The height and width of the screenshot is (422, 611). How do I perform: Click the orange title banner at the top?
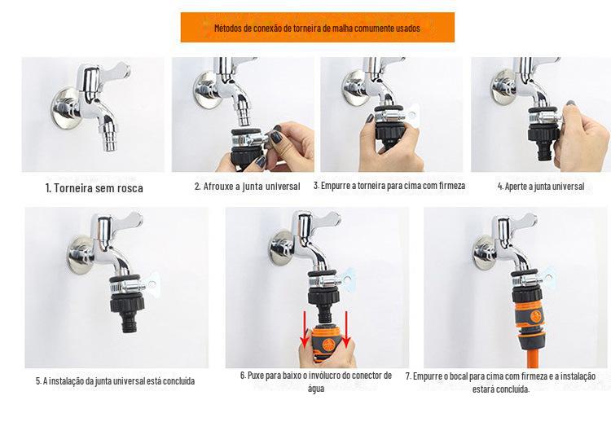tap(317, 27)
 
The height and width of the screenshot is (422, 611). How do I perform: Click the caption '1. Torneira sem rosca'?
tap(95, 188)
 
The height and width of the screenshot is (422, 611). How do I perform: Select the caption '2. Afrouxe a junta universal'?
tap(248, 187)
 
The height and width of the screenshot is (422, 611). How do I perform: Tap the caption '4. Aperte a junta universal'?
tap(541, 187)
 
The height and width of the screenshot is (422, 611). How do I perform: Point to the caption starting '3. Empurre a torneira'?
tap(389, 186)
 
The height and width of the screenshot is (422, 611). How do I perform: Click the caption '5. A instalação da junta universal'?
tap(116, 380)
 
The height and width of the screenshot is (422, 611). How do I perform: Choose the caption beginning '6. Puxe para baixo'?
tap(316, 381)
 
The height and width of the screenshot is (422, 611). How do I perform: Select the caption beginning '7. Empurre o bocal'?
tap(501, 382)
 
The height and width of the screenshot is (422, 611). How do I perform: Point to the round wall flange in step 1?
tap(65, 108)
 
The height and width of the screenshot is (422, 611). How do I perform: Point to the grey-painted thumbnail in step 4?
tap(572, 104)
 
